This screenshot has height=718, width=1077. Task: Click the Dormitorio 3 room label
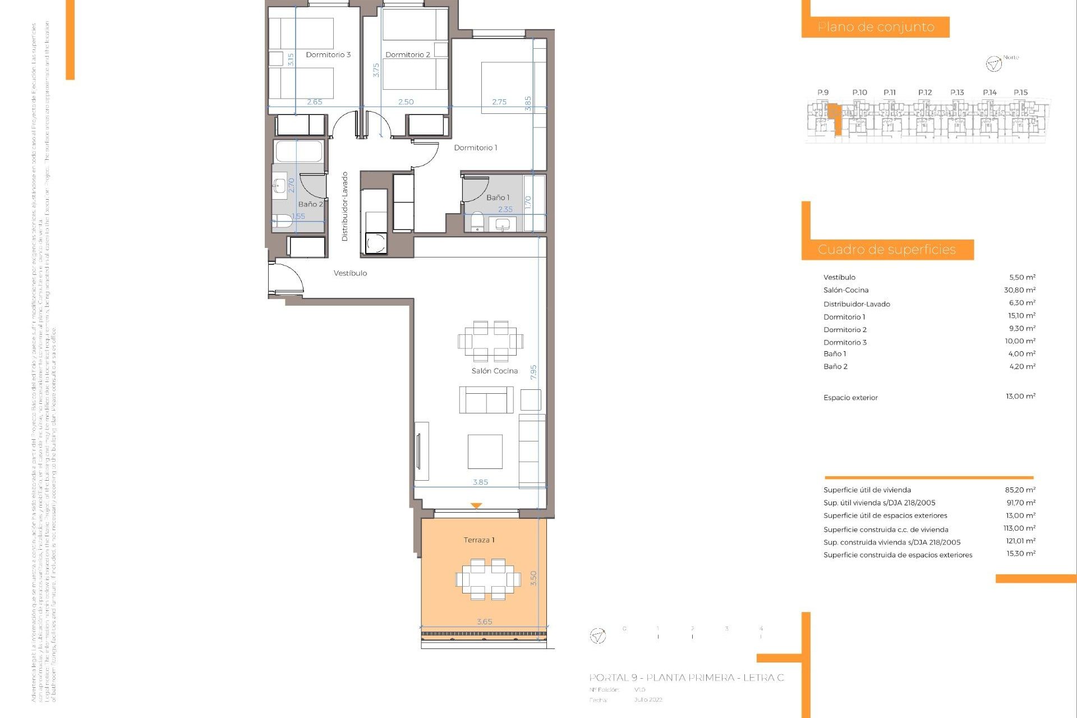point(328,54)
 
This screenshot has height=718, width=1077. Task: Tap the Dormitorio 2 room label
point(408,54)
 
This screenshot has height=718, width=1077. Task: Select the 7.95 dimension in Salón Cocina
point(533,372)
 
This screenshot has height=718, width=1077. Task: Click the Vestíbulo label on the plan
point(350,273)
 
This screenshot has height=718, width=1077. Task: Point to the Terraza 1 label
point(479,540)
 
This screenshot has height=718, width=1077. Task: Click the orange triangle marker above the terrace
point(476,505)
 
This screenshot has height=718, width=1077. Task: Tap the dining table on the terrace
point(488,578)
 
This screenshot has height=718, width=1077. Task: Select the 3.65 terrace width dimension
point(485,622)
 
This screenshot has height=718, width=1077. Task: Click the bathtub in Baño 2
point(299,151)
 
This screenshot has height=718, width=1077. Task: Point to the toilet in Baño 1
point(477,222)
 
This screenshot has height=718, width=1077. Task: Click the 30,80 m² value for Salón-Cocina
point(1019,290)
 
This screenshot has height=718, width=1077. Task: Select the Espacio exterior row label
point(850,398)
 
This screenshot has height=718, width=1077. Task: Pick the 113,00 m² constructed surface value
point(1019,528)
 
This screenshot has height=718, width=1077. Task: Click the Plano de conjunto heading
point(876,27)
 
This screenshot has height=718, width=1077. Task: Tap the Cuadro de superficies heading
point(886,250)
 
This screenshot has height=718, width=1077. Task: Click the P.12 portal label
point(925,93)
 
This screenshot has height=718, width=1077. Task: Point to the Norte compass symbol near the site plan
point(993,64)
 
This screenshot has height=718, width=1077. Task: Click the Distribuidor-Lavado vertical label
point(345,206)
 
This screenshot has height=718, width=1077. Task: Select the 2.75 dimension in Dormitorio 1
point(499,102)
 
